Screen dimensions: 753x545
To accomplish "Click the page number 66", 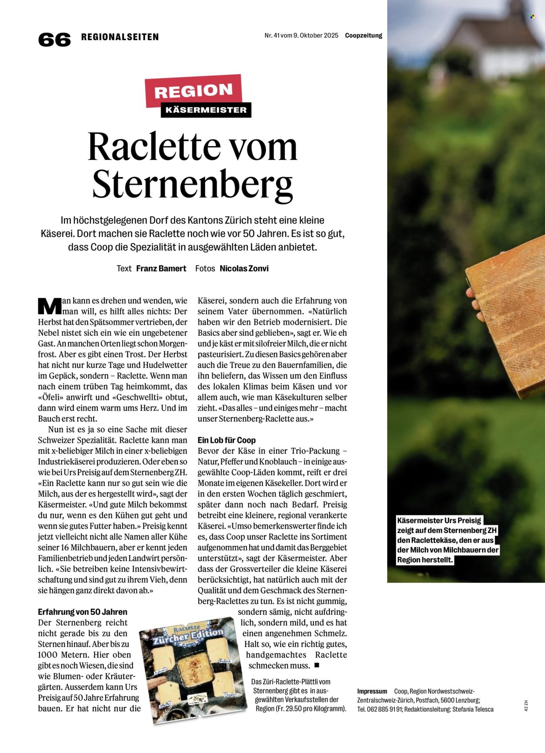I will (54, 40).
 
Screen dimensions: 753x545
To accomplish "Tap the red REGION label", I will (193, 91).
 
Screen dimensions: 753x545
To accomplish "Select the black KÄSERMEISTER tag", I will (206, 110).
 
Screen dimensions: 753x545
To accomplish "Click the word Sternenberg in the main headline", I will (192, 184).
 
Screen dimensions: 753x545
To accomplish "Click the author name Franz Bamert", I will (161, 269).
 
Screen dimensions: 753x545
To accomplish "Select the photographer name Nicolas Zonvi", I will (244, 269).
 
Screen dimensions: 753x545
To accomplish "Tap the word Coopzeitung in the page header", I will (364, 36).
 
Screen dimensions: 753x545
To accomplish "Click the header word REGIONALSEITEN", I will (120, 37).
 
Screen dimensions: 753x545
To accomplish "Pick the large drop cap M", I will (49, 306).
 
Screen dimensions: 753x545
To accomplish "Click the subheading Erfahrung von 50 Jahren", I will (82, 612).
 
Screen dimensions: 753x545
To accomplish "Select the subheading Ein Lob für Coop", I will (226, 440).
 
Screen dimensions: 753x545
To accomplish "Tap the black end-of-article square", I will (317, 665).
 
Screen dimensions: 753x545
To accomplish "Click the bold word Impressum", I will (372, 691).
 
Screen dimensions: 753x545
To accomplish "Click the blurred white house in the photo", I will (497, 44).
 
